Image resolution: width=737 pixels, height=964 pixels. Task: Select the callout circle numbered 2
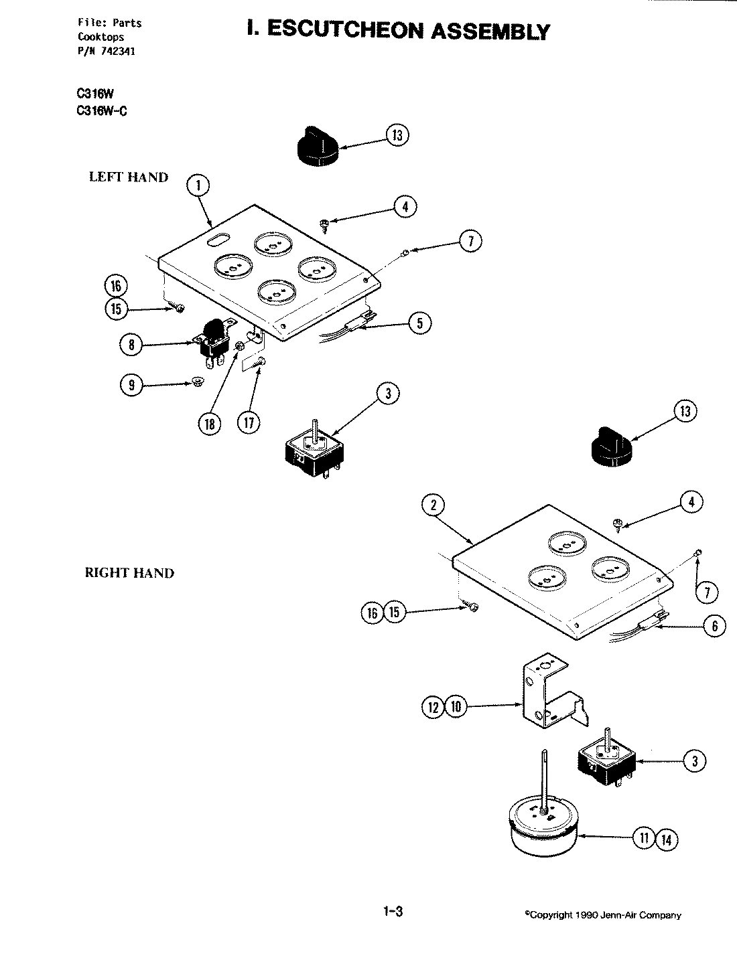tap(433, 505)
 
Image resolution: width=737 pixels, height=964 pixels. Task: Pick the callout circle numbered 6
tap(714, 625)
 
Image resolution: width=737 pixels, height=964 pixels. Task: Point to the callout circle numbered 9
tap(132, 386)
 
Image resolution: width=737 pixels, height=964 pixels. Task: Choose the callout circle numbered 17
tap(250, 423)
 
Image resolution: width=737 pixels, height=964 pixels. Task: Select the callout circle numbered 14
tap(666, 839)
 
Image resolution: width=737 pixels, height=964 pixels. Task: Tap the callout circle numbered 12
tap(433, 706)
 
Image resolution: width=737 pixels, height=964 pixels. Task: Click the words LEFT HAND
tap(129, 177)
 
